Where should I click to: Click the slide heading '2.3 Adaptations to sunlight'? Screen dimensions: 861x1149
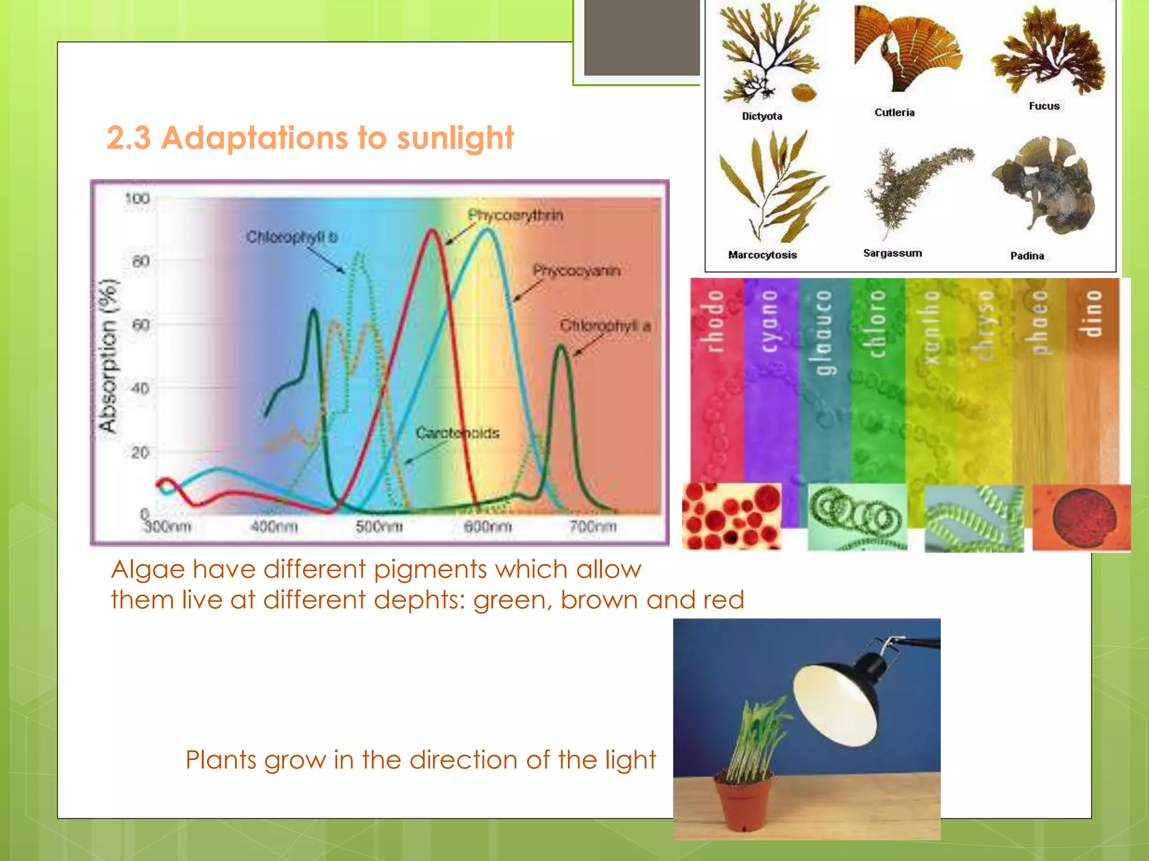(310, 138)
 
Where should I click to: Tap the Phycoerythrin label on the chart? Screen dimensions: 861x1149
(515, 215)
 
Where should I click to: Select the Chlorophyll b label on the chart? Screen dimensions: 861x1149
(292, 237)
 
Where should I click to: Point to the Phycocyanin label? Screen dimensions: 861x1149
(576, 271)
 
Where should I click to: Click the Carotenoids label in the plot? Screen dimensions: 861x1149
(457, 433)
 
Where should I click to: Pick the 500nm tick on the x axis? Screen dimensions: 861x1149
(379, 527)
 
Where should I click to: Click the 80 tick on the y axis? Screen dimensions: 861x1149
(140, 262)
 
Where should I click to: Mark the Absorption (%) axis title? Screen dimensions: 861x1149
(108, 356)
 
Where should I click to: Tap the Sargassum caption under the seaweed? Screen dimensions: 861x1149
(892, 253)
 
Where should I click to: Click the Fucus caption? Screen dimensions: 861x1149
(1044, 106)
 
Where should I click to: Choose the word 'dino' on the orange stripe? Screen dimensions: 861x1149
(1093, 314)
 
